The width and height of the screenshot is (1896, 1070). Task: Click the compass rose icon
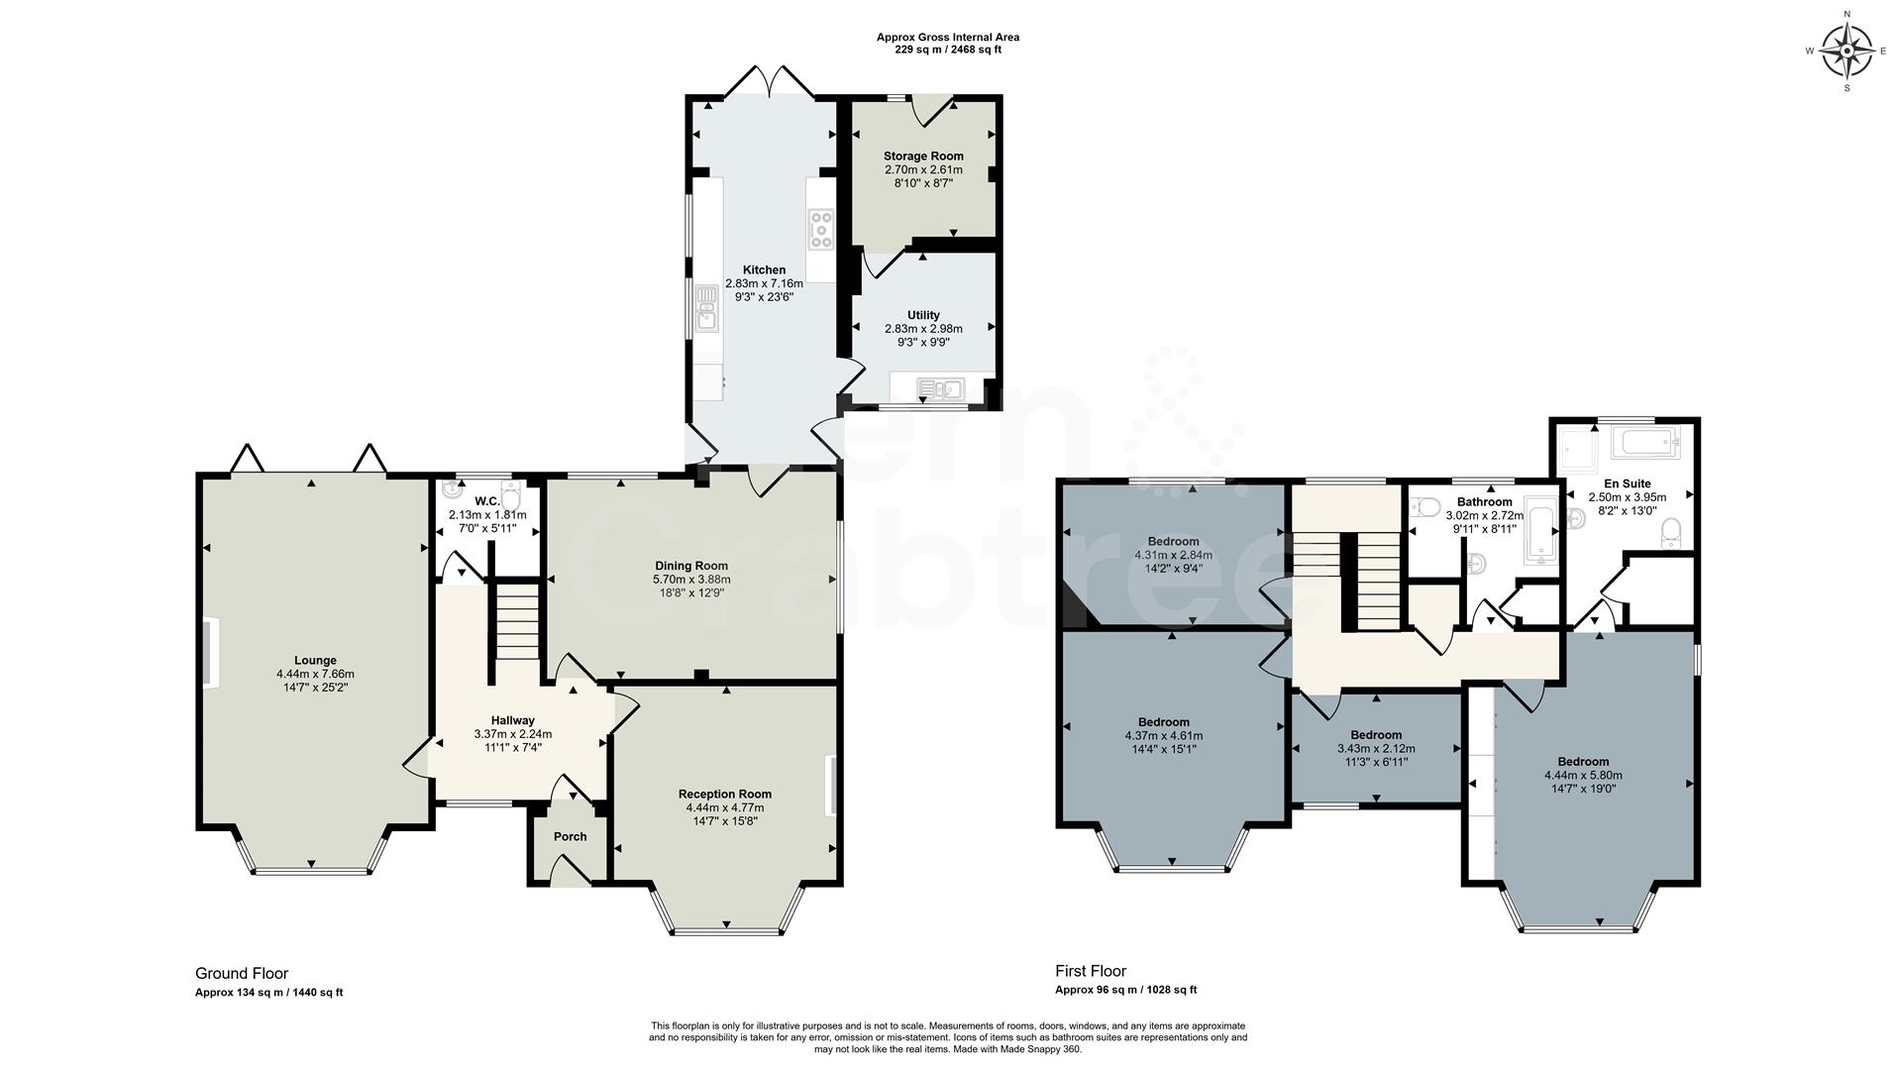pos(1847,52)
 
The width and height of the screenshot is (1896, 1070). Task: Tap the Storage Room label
pos(923,157)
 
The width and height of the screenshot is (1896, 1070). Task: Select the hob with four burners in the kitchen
pos(820,230)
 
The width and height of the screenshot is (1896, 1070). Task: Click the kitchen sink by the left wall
pos(706,307)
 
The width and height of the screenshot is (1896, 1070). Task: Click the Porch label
pos(570,837)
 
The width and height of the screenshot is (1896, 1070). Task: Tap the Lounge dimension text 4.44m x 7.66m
pos(315,675)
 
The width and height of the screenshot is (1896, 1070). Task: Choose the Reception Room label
pos(724,795)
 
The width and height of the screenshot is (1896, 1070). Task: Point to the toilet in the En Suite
pos(1670,533)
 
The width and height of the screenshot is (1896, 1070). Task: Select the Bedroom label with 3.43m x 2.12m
pos(1376,735)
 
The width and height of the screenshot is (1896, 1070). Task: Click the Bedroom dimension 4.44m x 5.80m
pos(1582,776)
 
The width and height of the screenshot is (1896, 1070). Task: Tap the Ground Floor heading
pos(242,974)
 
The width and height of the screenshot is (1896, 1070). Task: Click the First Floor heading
pos(1090,972)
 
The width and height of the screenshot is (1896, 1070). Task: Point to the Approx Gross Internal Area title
pos(947,38)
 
